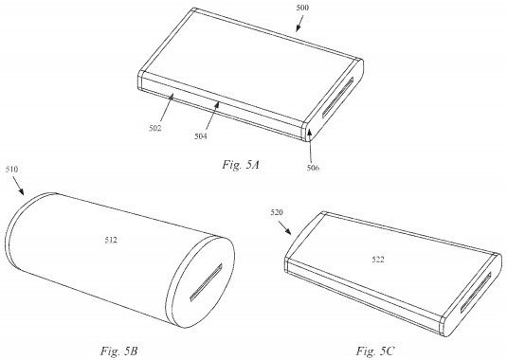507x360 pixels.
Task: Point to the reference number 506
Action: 313,168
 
